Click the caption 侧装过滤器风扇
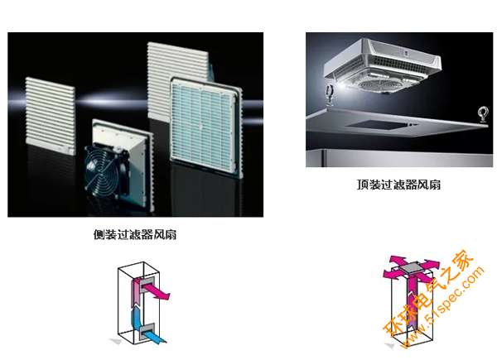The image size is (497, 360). (135, 234)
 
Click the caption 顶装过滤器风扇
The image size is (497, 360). (398, 185)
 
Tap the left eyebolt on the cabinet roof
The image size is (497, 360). (330, 94)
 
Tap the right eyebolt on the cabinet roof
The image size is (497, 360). (483, 115)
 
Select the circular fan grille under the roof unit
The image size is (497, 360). (378, 85)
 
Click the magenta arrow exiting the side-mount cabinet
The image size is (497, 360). (156, 291)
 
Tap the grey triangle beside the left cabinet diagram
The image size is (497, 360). (116, 341)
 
